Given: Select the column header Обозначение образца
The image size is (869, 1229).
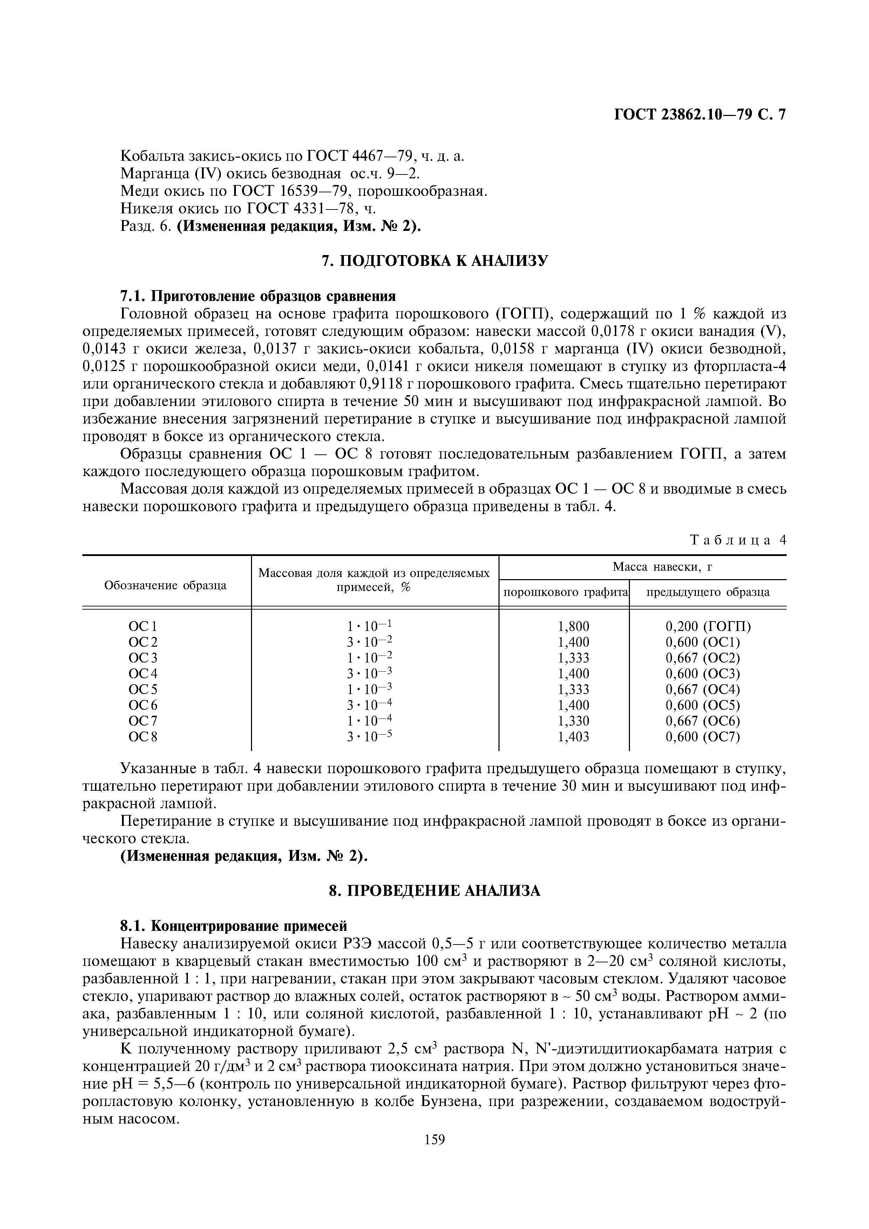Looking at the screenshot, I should pos(165,585).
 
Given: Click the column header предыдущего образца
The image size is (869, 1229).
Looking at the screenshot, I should pos(708,592).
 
